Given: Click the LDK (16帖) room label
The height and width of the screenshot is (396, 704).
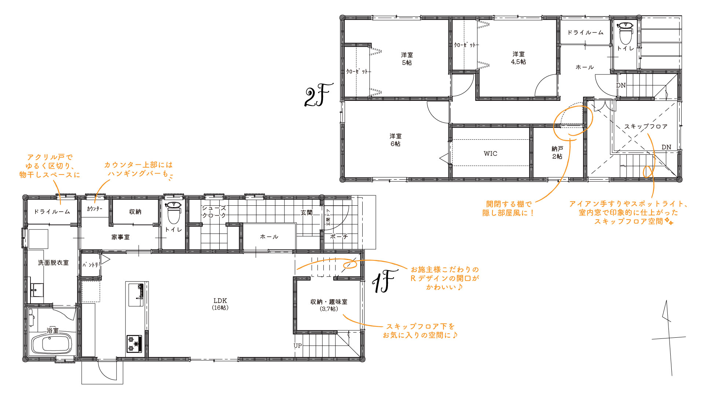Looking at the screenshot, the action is [220, 304].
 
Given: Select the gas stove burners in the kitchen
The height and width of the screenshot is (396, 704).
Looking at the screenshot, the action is [134, 344].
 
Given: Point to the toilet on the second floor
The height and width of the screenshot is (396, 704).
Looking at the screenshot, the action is [625, 33].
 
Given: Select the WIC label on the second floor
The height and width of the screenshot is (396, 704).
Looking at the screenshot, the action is [490, 154].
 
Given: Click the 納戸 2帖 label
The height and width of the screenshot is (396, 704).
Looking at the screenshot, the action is [557, 153].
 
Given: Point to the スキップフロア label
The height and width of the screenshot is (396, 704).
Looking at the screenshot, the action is [646, 126].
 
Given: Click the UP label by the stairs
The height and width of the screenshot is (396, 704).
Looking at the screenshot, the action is [298, 346].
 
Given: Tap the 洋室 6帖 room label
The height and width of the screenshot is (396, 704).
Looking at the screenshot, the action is [395, 140].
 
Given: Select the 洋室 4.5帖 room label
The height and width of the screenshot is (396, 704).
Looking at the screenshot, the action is [518, 58].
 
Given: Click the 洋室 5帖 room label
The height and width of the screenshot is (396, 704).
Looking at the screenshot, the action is [407, 59].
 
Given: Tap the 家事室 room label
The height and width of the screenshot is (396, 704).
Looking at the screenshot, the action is [121, 237].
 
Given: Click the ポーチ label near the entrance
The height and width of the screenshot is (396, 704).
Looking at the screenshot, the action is [339, 236].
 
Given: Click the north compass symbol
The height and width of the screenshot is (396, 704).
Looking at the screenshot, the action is [668, 338].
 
